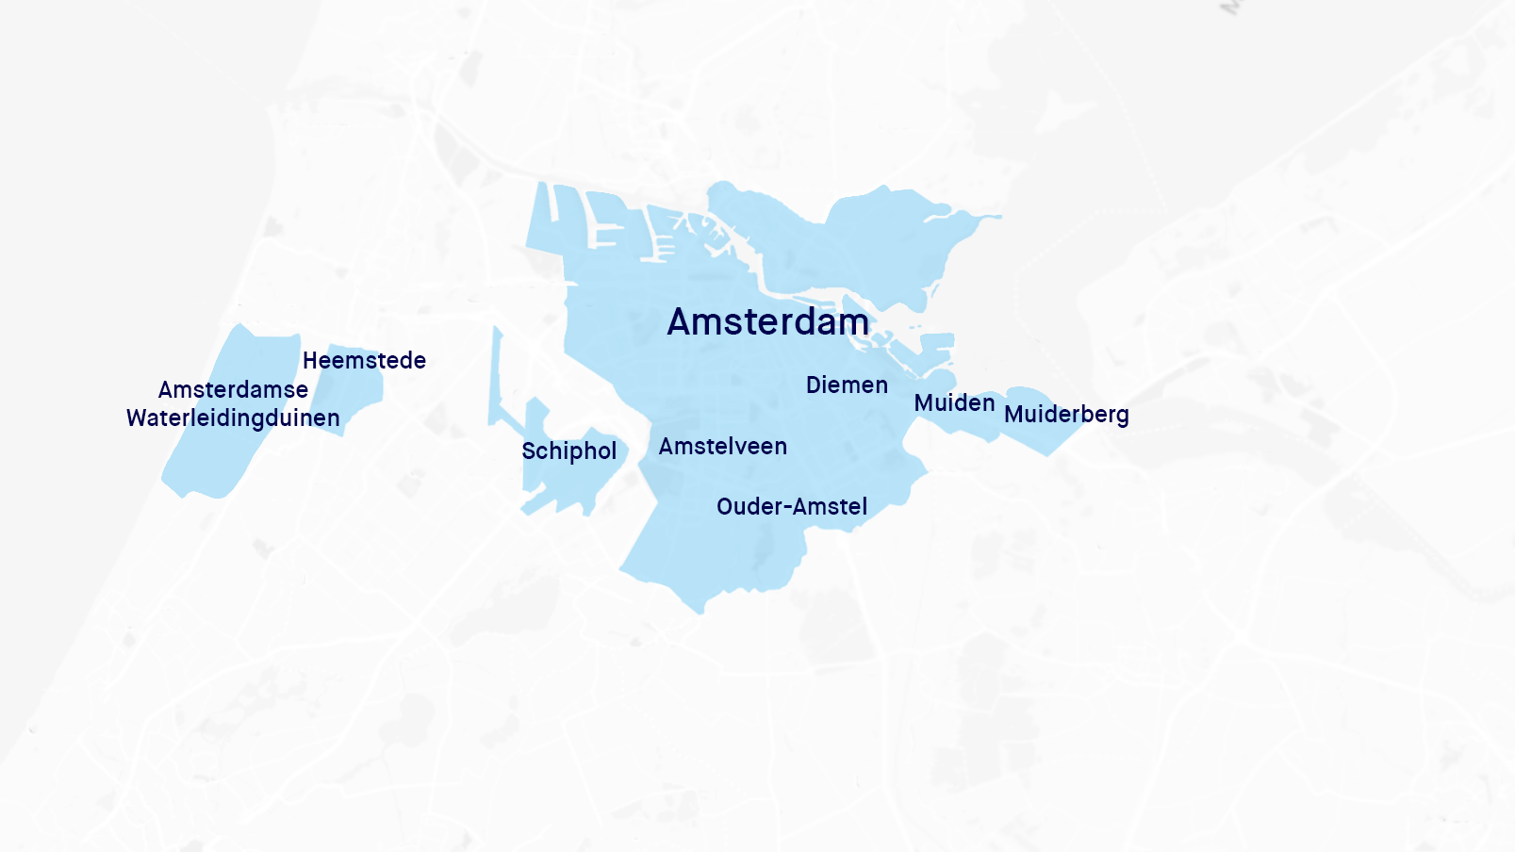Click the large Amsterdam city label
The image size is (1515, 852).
click(767, 322)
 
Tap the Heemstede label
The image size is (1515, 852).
click(364, 361)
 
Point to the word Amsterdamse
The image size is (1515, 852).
click(233, 390)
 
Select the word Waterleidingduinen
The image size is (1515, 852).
click(233, 418)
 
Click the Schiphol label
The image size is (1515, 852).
click(568, 451)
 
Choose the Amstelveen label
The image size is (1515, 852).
click(722, 447)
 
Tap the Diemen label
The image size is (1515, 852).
click(847, 385)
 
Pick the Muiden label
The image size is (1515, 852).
click(954, 403)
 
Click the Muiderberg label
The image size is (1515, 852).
click(1066, 415)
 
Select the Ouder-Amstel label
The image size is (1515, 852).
click(792, 507)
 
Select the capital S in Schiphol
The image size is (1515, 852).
click(529, 451)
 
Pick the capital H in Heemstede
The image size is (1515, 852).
click(310, 361)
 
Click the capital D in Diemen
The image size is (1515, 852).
click(814, 385)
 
